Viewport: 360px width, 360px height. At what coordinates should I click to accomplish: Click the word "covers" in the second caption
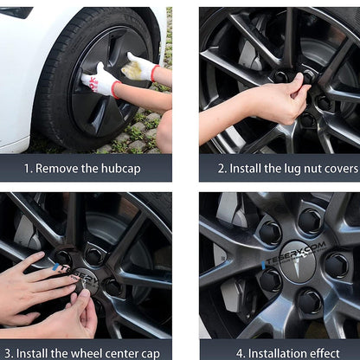pos(334,169)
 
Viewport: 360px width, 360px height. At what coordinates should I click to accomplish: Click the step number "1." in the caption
pos(29,169)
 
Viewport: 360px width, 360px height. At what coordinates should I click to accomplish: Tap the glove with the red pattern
pos(100,82)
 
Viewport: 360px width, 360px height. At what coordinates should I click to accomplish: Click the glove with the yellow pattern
pos(138,67)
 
